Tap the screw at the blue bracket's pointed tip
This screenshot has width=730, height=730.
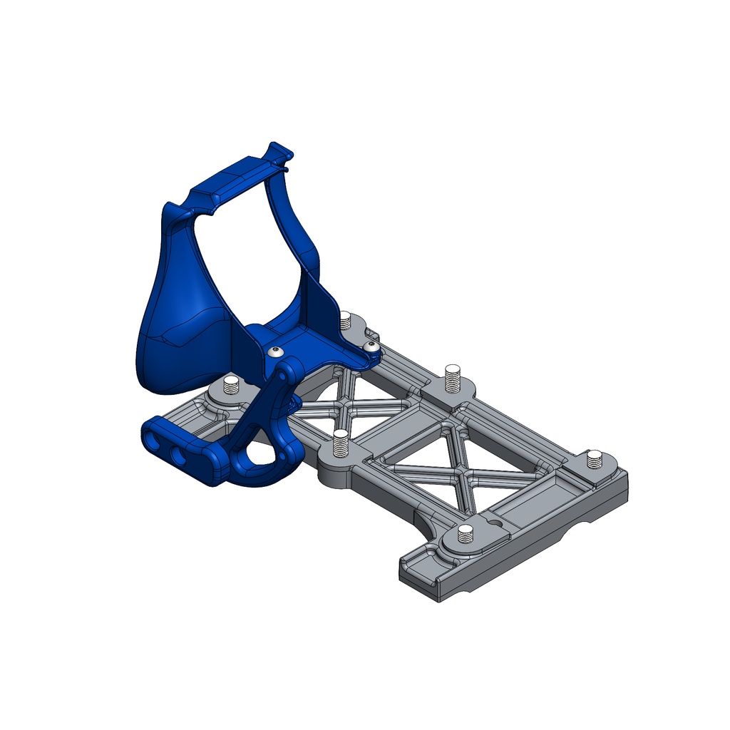click(370, 346)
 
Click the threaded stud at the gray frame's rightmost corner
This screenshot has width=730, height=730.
click(595, 459)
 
